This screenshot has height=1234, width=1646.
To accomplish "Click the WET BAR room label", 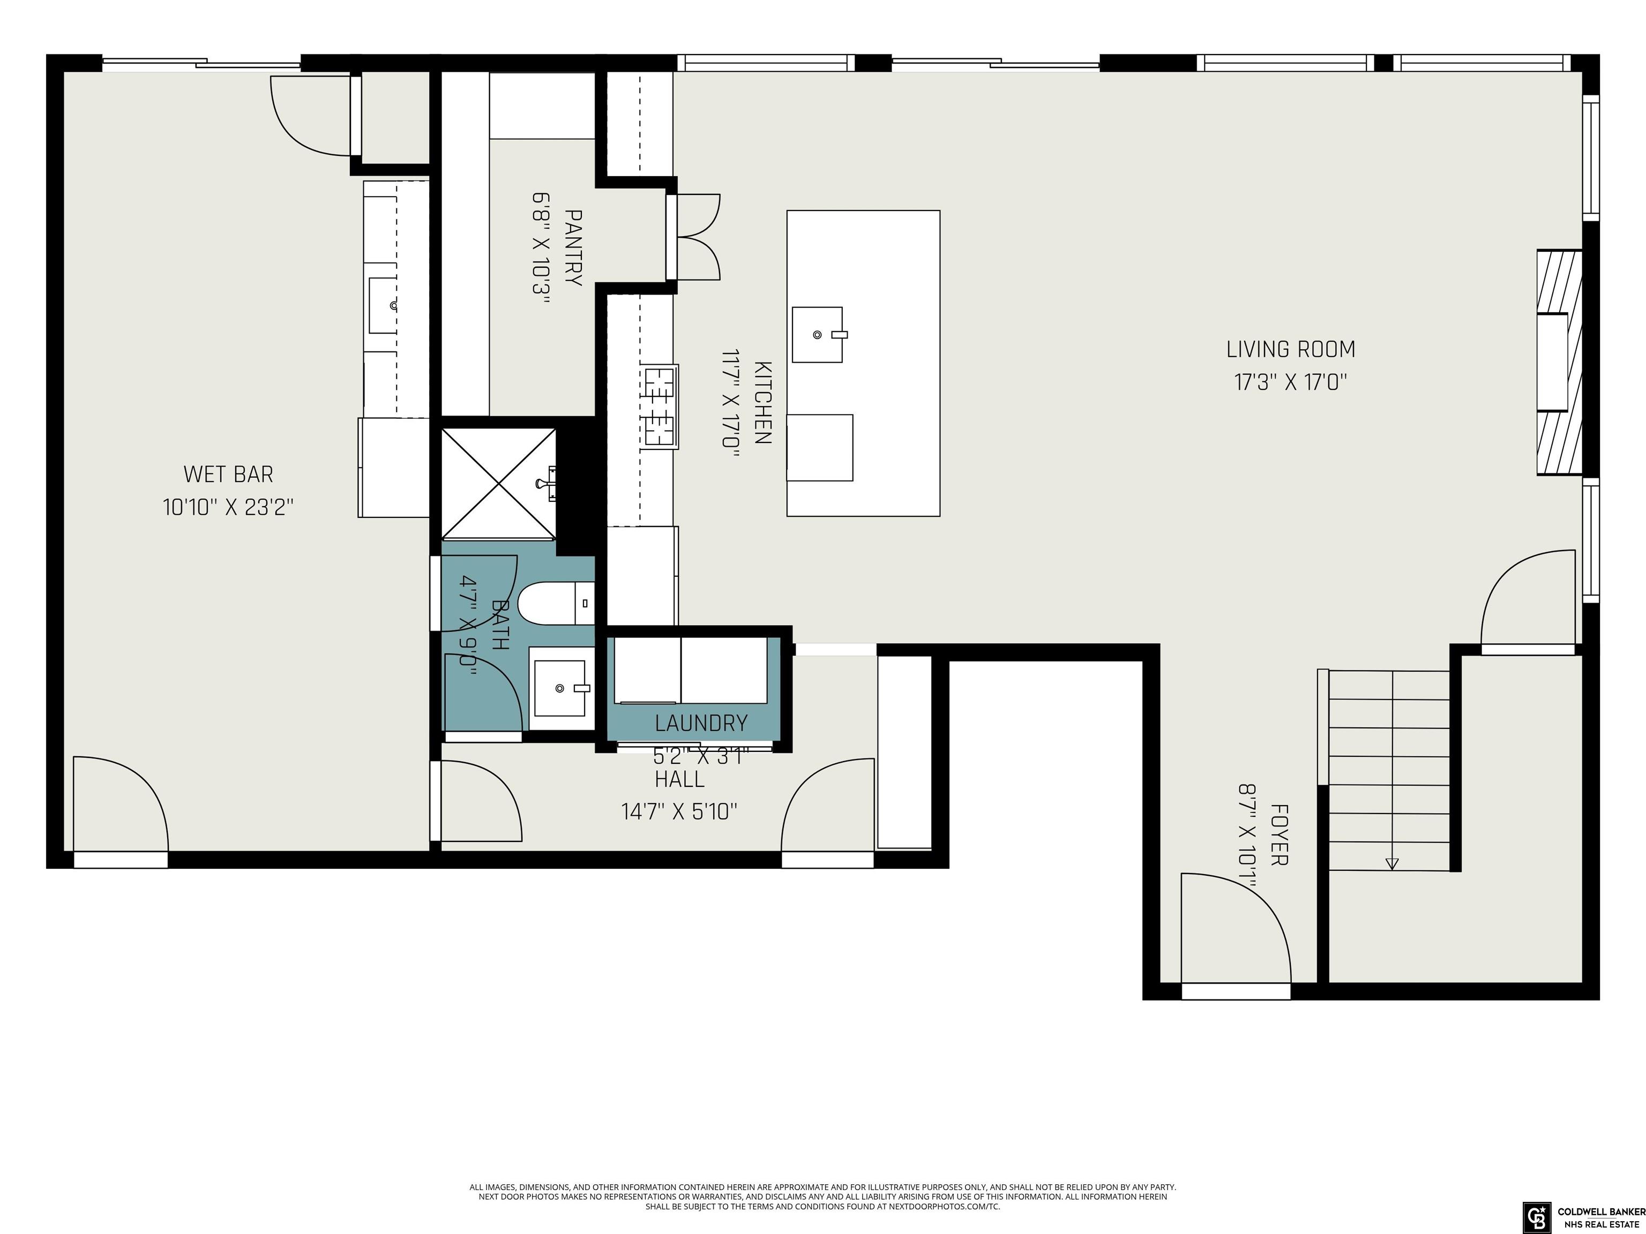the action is [228, 474].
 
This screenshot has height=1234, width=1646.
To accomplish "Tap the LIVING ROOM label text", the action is [1290, 349].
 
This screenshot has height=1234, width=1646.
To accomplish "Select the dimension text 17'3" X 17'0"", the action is [1290, 382].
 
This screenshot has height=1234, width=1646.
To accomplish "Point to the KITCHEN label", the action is [763, 402].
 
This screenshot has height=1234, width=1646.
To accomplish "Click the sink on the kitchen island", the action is [818, 335].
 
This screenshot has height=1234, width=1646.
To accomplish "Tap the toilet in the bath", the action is [556, 603].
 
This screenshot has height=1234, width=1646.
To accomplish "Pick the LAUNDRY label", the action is [701, 723].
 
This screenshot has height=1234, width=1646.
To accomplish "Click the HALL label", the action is [679, 779].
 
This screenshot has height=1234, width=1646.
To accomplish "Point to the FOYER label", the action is [1279, 834].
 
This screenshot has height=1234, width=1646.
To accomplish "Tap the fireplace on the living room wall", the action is [1559, 362].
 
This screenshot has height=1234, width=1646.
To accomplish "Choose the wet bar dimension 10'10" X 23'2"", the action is [228, 507].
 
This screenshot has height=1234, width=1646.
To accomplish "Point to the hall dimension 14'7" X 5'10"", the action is [679, 811].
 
